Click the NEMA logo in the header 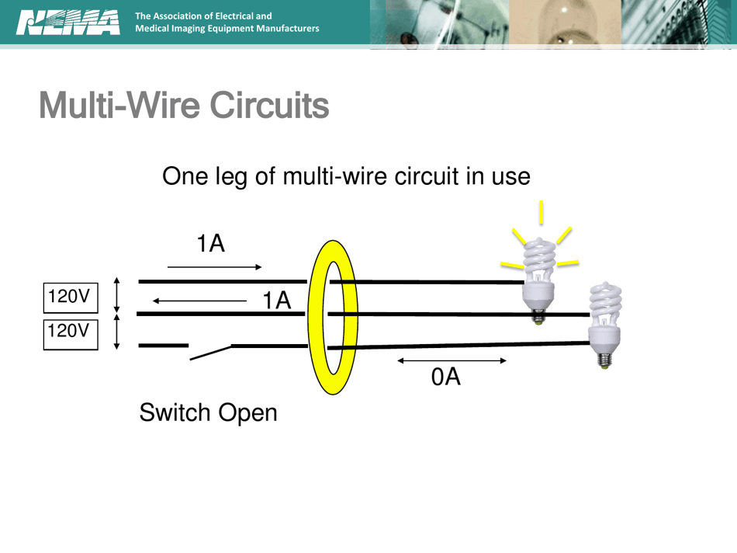coord(68,23)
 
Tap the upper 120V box coord(70,297)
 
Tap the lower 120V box coord(70,332)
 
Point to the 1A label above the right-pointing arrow coord(210,244)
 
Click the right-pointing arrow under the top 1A coord(215,267)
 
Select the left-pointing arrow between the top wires coord(200,300)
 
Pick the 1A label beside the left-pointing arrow coord(276,300)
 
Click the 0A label coord(446,377)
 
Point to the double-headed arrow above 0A coord(452,360)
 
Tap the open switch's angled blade coord(210,353)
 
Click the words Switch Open coord(208,412)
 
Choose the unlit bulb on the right coord(605,318)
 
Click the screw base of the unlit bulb coord(605,358)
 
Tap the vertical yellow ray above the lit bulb coord(541,211)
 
